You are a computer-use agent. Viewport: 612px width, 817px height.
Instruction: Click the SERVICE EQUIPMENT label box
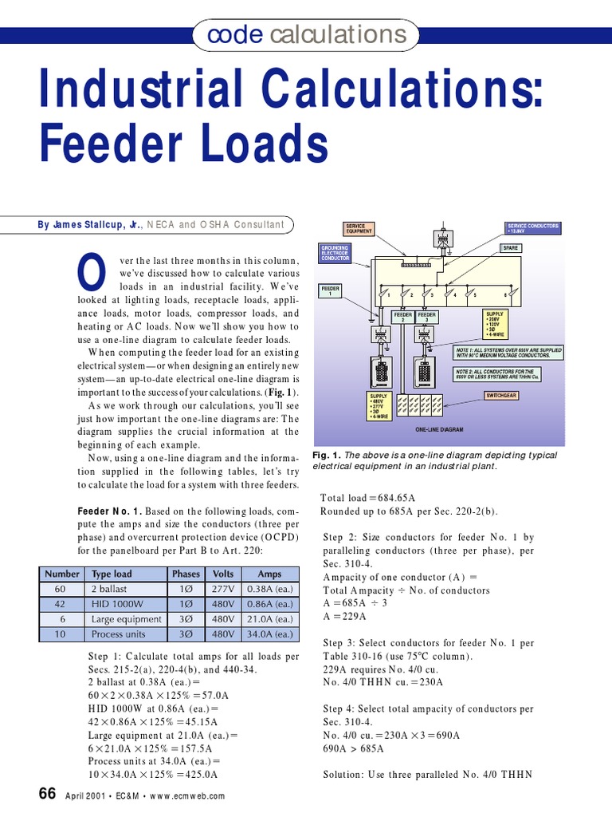pyautogui.click(x=359, y=230)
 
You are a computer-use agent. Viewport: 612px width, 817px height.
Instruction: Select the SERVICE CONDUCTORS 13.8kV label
pyautogui.click(x=533, y=230)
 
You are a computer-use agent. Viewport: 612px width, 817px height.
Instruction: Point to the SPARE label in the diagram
pyautogui.click(x=510, y=248)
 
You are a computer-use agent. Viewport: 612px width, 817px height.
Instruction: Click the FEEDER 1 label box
pyautogui.click(x=330, y=289)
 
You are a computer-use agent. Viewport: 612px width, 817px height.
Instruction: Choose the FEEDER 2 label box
pyautogui.click(x=403, y=318)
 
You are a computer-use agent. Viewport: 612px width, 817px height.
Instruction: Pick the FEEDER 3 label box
pyautogui.click(x=427, y=318)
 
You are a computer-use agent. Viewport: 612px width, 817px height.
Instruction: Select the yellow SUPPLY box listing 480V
pyautogui.click(x=379, y=406)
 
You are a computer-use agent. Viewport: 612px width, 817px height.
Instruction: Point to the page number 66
pyautogui.click(x=47, y=794)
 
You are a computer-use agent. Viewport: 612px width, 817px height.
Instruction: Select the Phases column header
pyautogui.click(x=186, y=574)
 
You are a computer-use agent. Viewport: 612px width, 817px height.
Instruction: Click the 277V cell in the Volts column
pyautogui.click(x=222, y=589)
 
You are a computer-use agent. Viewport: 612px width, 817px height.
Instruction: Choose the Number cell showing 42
pyautogui.click(x=61, y=604)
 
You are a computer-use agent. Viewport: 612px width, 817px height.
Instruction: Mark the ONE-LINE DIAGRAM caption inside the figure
pyautogui.click(x=439, y=429)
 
